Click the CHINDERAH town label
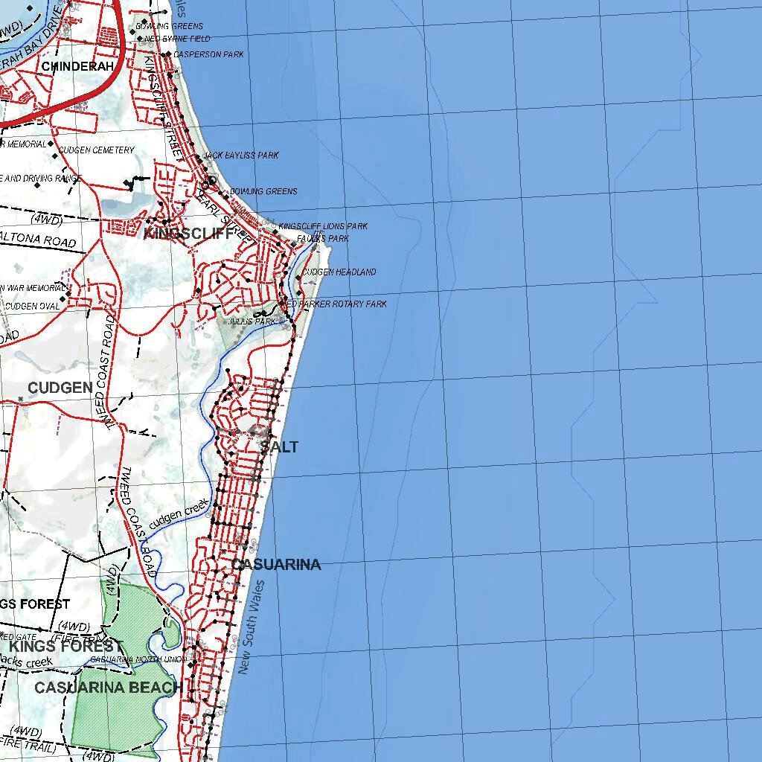77,66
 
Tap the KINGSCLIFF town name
193,233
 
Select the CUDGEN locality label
60,388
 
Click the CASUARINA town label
276,564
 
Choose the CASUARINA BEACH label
109,688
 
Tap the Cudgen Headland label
339,272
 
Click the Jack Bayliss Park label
240,156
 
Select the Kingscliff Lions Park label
322,226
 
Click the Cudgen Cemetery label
96,150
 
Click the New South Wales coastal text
252,628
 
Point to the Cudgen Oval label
32,306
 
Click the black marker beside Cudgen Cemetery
52,156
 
